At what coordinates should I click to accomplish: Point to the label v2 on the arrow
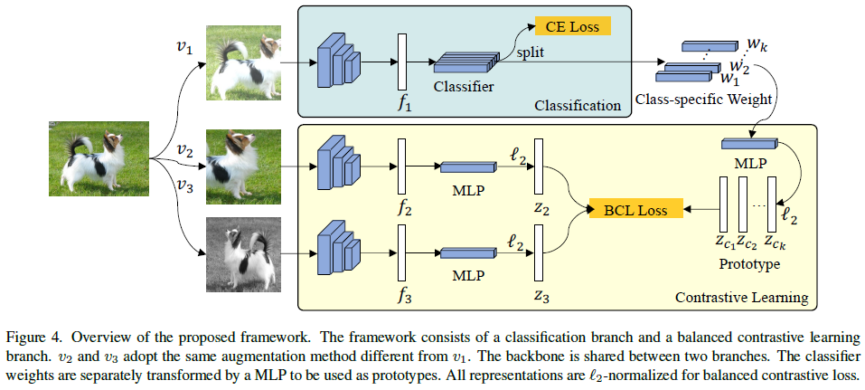click(x=184, y=148)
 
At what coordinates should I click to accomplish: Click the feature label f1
click(x=404, y=105)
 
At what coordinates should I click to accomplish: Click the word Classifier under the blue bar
click(x=463, y=88)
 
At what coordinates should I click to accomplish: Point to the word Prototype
click(x=748, y=265)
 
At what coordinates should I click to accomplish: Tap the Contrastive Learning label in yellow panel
click(x=741, y=298)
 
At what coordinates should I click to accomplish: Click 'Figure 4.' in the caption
click(x=40, y=325)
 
